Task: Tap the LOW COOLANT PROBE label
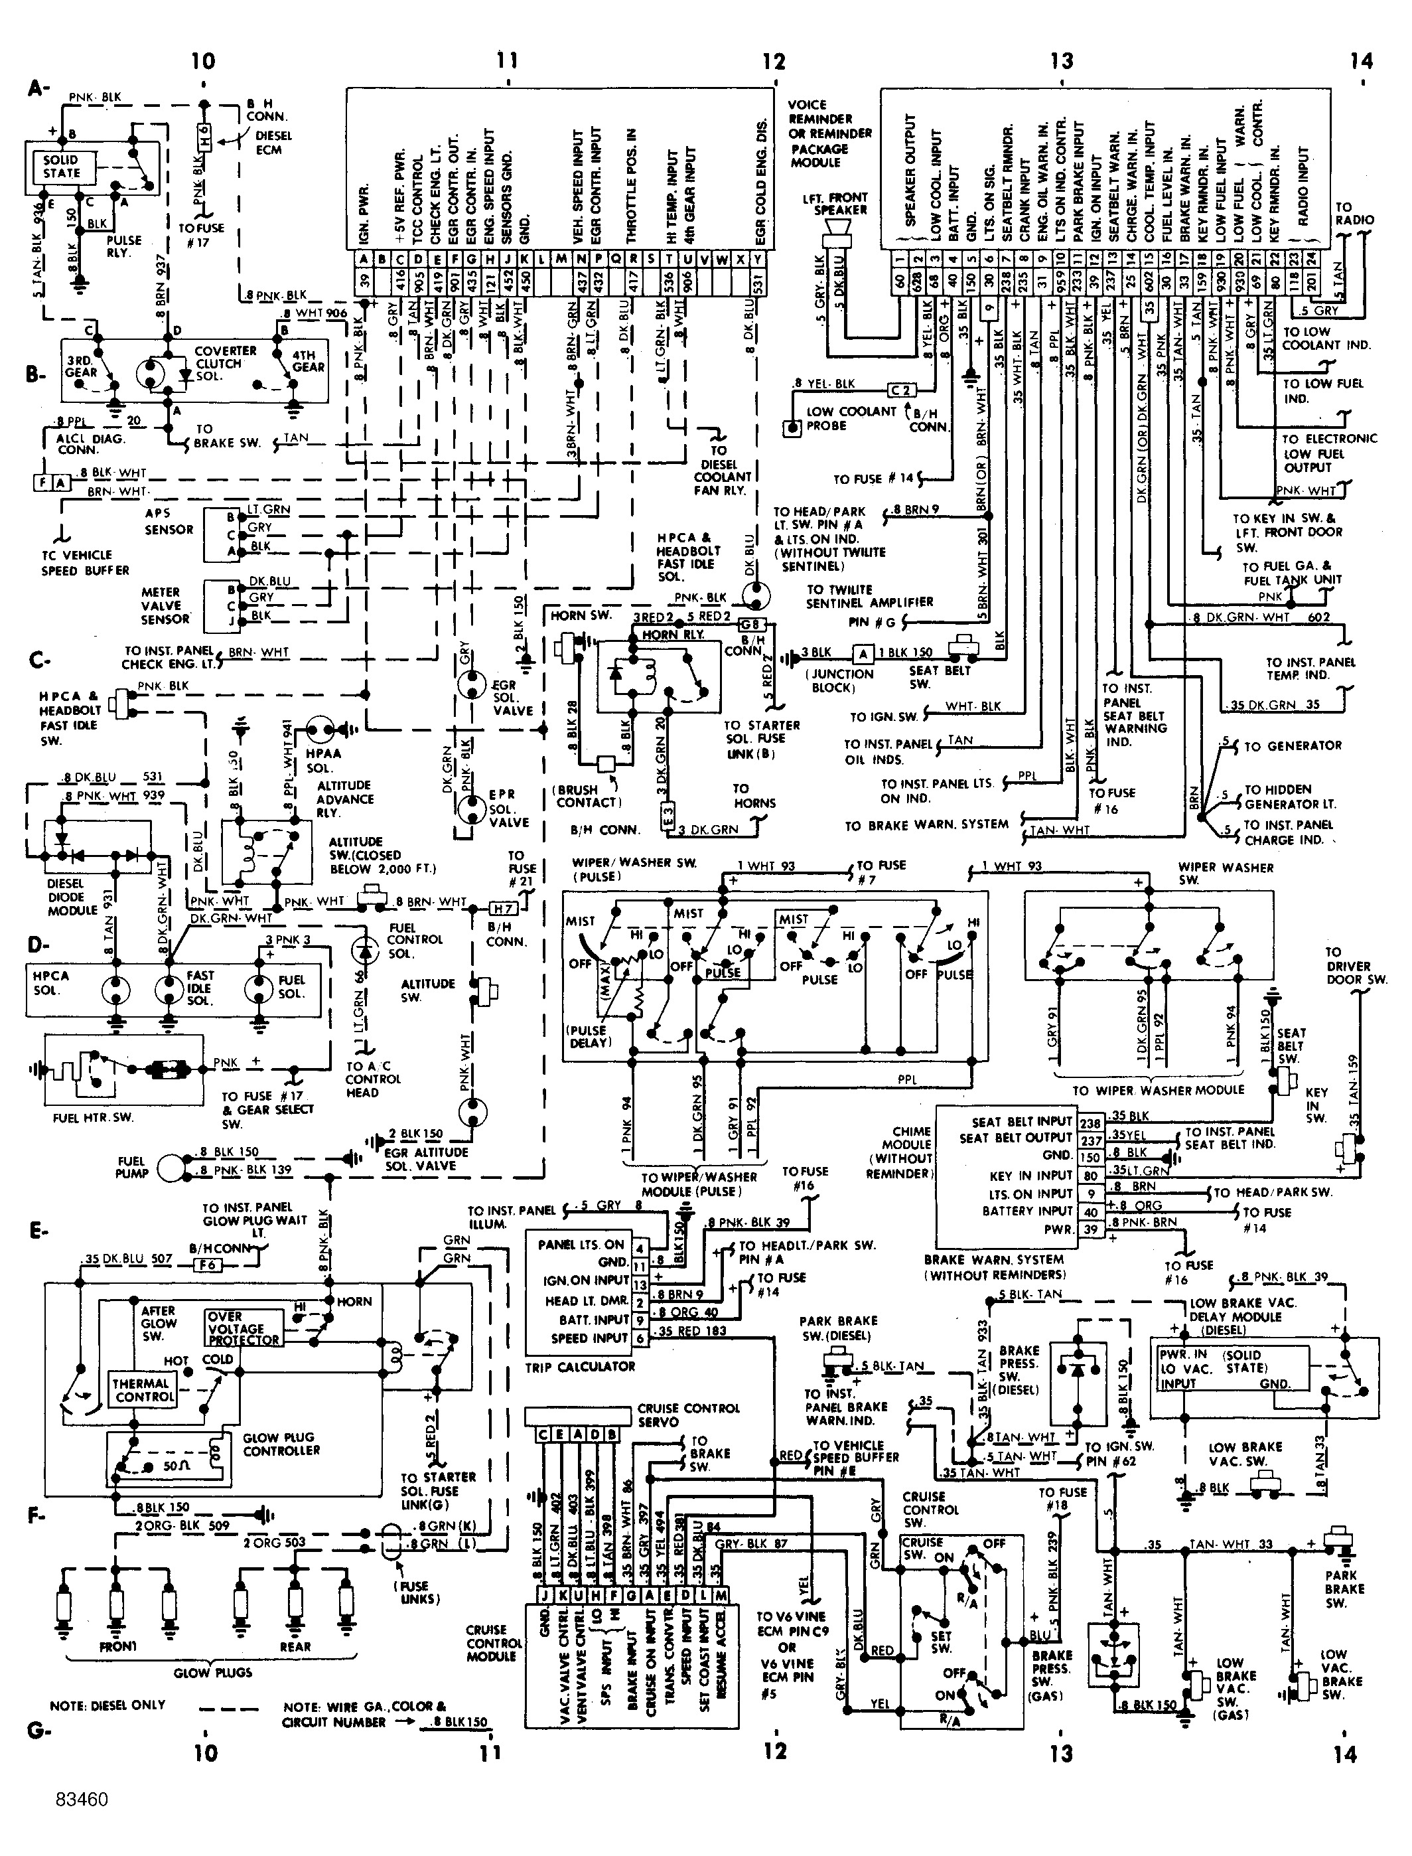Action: [851, 418]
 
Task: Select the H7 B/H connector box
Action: [502, 909]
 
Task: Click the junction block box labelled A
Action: [863, 653]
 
